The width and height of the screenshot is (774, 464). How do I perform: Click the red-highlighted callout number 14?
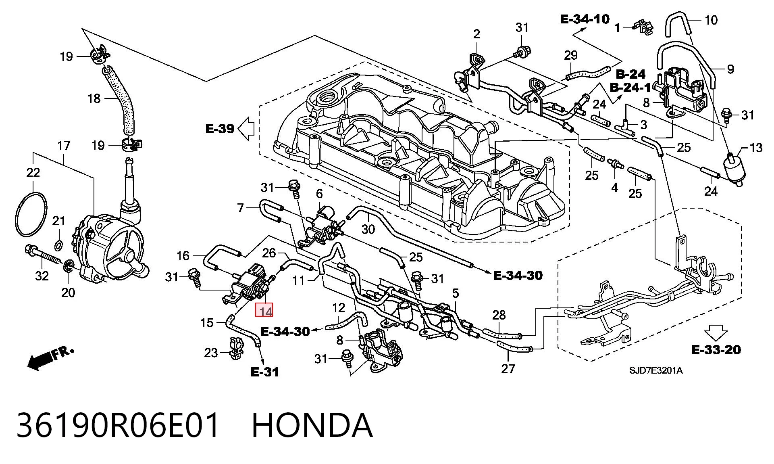(264, 310)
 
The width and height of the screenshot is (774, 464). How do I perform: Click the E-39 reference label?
(220, 129)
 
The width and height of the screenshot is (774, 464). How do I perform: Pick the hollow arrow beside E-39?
(246, 129)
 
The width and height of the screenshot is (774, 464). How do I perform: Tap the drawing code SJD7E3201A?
(656, 370)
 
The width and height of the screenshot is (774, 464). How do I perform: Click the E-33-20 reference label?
(716, 349)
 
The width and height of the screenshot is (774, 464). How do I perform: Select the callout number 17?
(64, 146)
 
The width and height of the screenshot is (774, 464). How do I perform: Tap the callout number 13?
(756, 148)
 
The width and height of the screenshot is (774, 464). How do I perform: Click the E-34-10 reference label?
(585, 19)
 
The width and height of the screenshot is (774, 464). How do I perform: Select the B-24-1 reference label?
(630, 87)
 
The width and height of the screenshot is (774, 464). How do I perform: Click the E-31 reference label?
(264, 372)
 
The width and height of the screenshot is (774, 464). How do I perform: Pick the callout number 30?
(368, 229)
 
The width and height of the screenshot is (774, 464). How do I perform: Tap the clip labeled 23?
(237, 348)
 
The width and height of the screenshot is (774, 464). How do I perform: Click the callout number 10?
(711, 20)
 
